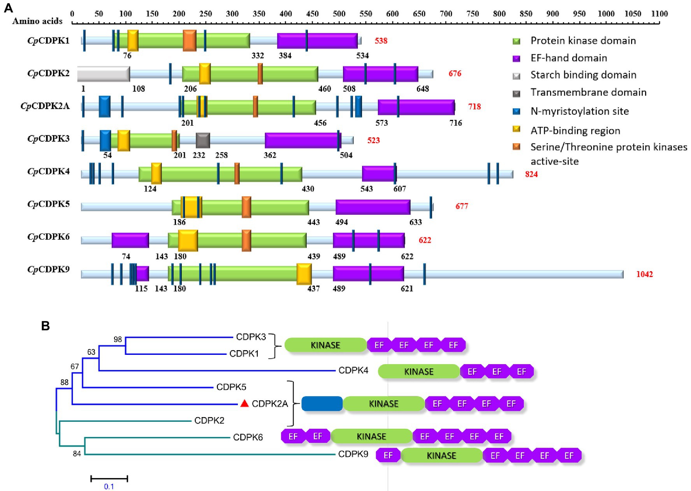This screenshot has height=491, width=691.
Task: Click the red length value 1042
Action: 644,274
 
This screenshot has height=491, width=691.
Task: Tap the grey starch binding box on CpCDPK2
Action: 103,74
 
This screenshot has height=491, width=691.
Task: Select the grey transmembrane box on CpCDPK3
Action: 203,140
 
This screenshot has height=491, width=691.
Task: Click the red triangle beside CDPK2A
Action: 244,403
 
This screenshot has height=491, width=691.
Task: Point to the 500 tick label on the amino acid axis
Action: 339,14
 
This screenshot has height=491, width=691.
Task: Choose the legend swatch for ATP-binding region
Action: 517,130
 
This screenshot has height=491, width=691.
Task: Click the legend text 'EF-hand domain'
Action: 568,58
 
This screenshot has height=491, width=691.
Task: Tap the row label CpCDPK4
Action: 48,171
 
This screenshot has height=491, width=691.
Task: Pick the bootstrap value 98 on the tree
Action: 118,339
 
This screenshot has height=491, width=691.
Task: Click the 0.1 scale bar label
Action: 109,486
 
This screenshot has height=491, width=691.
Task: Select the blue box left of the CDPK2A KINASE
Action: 322,404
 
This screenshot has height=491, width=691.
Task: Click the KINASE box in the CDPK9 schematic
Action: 441,456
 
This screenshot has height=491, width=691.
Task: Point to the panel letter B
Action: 46,326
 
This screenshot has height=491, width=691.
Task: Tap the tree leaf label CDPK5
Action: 231,387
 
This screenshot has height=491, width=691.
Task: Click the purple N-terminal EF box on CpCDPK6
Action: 130,240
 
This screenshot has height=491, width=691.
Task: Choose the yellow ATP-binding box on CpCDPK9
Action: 304,274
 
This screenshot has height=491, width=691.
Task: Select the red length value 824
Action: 531,174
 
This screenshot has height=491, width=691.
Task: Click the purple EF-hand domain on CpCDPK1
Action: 317,41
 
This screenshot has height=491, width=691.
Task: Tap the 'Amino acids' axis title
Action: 37,21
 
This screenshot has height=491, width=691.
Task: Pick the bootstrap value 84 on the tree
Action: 77,453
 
